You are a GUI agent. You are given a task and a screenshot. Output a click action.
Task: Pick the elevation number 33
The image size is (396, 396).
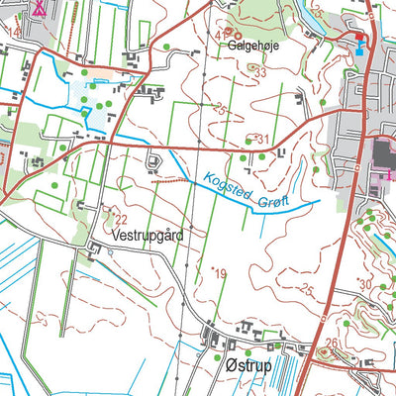(x=260, y=73)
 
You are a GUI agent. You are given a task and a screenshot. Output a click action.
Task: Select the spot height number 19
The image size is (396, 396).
(x=221, y=273)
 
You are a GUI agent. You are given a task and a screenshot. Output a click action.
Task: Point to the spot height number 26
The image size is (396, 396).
(x=331, y=344)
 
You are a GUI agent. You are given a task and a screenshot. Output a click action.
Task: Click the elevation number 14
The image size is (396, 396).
(x=13, y=32)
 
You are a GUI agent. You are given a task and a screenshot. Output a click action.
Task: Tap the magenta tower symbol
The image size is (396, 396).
(x=38, y=7)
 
